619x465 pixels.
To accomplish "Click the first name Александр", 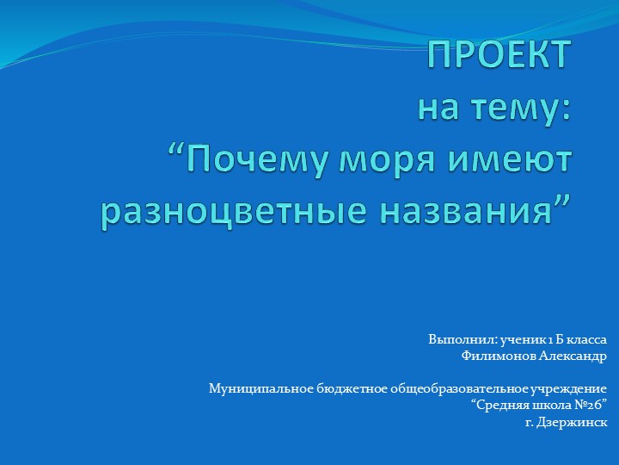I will coord(573,356).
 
